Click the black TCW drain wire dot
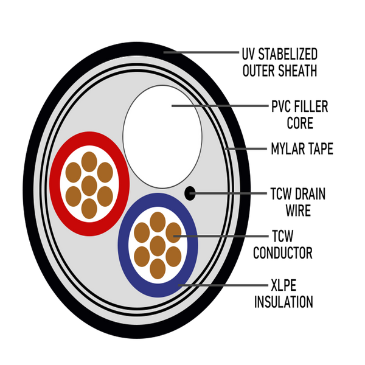tap(190, 193)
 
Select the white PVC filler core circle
tap(162, 137)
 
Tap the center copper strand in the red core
tap(89, 186)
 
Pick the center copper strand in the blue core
tap(158, 246)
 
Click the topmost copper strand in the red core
tap(89, 162)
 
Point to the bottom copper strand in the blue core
tap(158, 269)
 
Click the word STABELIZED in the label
tap(288, 54)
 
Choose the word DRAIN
tap(310, 193)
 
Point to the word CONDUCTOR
tap(283, 253)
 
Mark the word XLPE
tap(283, 285)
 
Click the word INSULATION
tap(283, 302)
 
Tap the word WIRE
tap(298, 210)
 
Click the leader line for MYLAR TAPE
tap(246, 148)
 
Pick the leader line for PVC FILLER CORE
tap(220, 106)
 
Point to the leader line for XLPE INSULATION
tap(223, 285)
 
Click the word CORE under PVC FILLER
tap(300, 123)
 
